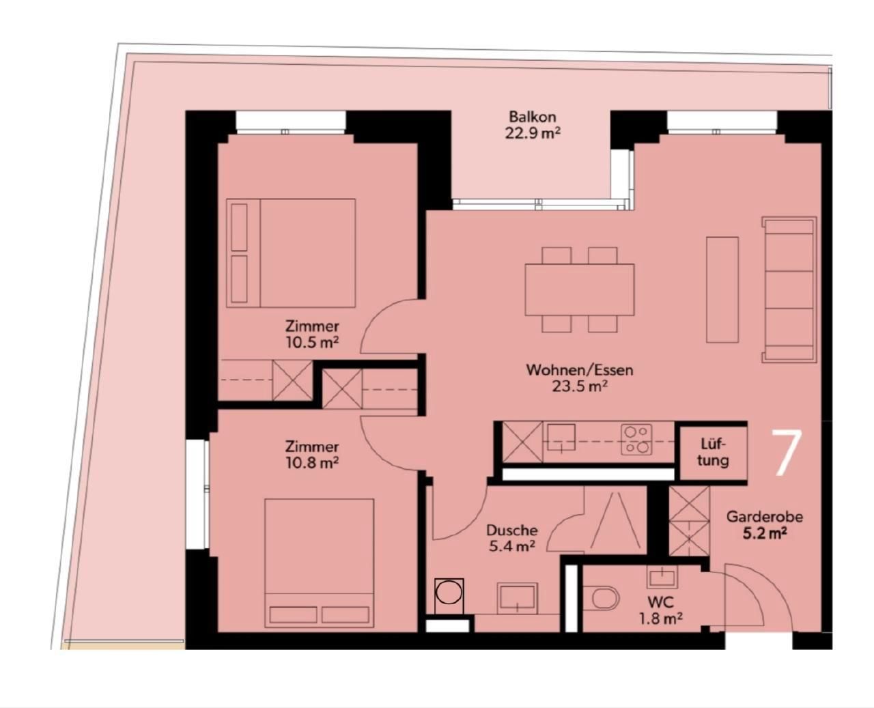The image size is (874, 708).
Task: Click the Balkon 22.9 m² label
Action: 532,125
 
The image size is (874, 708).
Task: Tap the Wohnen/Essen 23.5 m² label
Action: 580,378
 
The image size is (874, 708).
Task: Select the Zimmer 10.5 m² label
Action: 312,335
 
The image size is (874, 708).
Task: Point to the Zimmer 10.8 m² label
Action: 312,455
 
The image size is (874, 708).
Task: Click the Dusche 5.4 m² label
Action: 511,538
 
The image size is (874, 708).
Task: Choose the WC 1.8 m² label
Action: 661,610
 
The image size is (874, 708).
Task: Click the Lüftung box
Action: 713,453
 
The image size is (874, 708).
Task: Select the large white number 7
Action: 787,453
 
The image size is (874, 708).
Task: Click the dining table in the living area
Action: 580,289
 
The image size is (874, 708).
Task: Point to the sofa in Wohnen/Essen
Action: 789,289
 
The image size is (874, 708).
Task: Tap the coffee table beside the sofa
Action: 722,289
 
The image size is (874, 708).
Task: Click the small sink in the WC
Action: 662,577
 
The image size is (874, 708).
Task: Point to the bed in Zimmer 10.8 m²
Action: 320,563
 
